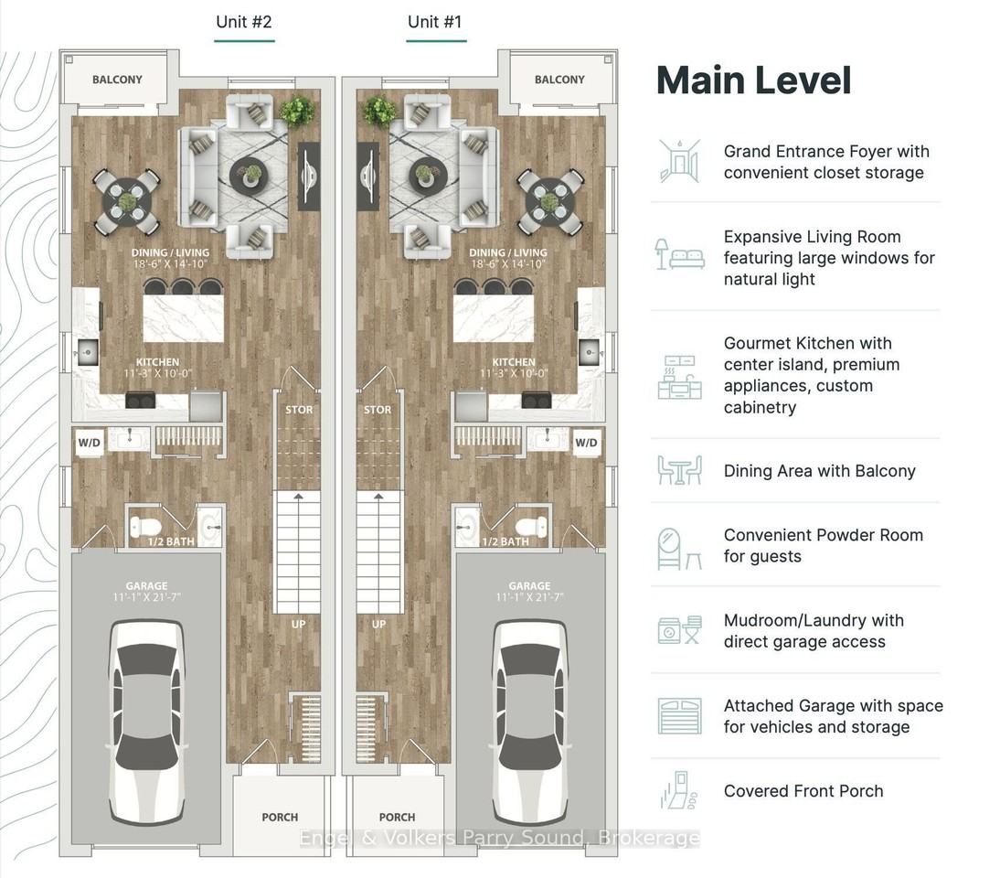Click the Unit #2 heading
244,22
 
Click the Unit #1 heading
434,22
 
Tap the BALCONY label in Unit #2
117,80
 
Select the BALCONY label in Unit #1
559,80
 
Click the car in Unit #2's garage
147,721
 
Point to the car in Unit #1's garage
530,721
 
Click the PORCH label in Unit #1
397,817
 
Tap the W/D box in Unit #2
90,443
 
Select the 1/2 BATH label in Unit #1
505,541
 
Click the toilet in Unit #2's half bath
145,527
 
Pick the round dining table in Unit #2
127,202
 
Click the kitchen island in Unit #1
494,318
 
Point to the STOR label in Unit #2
299,410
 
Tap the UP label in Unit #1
378,624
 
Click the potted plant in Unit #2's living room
296,111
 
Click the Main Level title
754,80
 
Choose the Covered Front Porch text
803,791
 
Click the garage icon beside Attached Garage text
680,716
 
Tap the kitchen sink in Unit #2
88,352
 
